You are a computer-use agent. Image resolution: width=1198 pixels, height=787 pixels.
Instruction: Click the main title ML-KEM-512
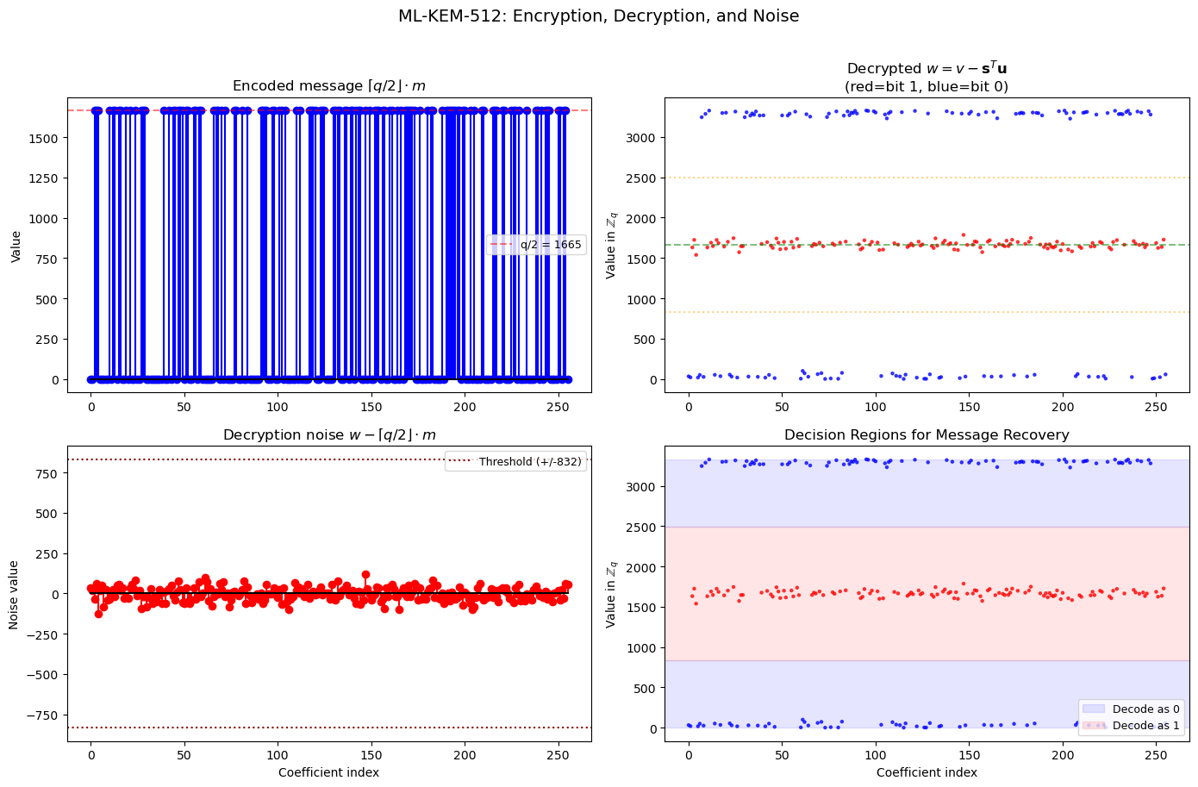[598, 16]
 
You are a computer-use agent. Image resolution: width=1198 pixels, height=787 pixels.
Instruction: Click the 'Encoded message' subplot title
[328, 86]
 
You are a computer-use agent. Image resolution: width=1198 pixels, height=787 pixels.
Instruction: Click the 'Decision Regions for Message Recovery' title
[927, 435]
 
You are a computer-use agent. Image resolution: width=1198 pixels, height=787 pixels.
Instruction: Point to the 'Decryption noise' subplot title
[328, 435]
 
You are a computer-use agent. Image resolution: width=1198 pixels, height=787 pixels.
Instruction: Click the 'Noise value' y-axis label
[14, 595]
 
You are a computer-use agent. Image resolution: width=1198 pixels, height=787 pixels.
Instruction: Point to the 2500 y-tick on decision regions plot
[640, 527]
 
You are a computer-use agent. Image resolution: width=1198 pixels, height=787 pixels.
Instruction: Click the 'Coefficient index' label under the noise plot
[328, 772]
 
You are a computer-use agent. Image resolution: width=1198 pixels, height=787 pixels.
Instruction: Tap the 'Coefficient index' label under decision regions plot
[927, 772]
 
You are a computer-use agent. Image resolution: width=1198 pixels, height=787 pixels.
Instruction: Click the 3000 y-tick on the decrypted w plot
[640, 138]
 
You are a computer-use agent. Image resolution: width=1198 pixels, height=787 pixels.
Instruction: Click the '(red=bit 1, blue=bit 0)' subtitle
[927, 87]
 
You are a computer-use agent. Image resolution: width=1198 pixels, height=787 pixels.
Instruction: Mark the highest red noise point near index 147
[365, 574]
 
